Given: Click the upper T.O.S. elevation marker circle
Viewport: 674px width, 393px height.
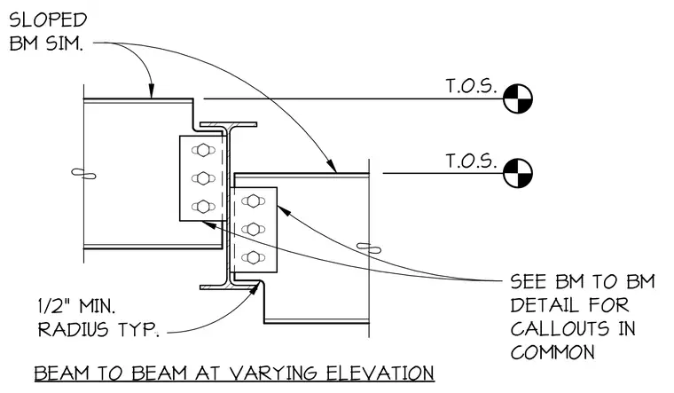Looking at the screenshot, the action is click(518, 98).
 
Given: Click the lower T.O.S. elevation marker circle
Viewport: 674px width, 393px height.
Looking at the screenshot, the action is click(518, 173).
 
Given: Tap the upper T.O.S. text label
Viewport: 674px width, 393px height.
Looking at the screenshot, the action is click(471, 86).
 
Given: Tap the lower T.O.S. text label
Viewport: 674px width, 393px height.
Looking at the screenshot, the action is click(471, 161).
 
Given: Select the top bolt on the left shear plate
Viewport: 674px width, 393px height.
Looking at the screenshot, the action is click(203, 150).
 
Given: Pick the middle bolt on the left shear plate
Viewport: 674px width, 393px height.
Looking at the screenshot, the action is click(203, 178).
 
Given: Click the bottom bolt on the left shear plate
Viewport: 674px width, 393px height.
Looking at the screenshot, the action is click(203, 207).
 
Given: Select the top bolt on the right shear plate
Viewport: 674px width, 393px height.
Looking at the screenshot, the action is click(253, 200).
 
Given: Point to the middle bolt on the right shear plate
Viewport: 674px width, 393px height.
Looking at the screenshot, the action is click(253, 229).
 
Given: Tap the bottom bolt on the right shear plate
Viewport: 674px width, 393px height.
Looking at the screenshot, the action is click(253, 258).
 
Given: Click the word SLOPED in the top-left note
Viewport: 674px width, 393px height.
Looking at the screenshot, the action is click(48, 20).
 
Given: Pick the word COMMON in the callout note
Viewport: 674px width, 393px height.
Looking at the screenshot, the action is click(553, 352).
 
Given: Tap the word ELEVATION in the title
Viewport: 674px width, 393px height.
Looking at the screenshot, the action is click(380, 373).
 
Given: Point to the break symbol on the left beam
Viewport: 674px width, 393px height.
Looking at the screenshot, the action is click(83, 174).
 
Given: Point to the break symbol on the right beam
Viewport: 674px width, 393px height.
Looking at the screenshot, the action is click(369, 248).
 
